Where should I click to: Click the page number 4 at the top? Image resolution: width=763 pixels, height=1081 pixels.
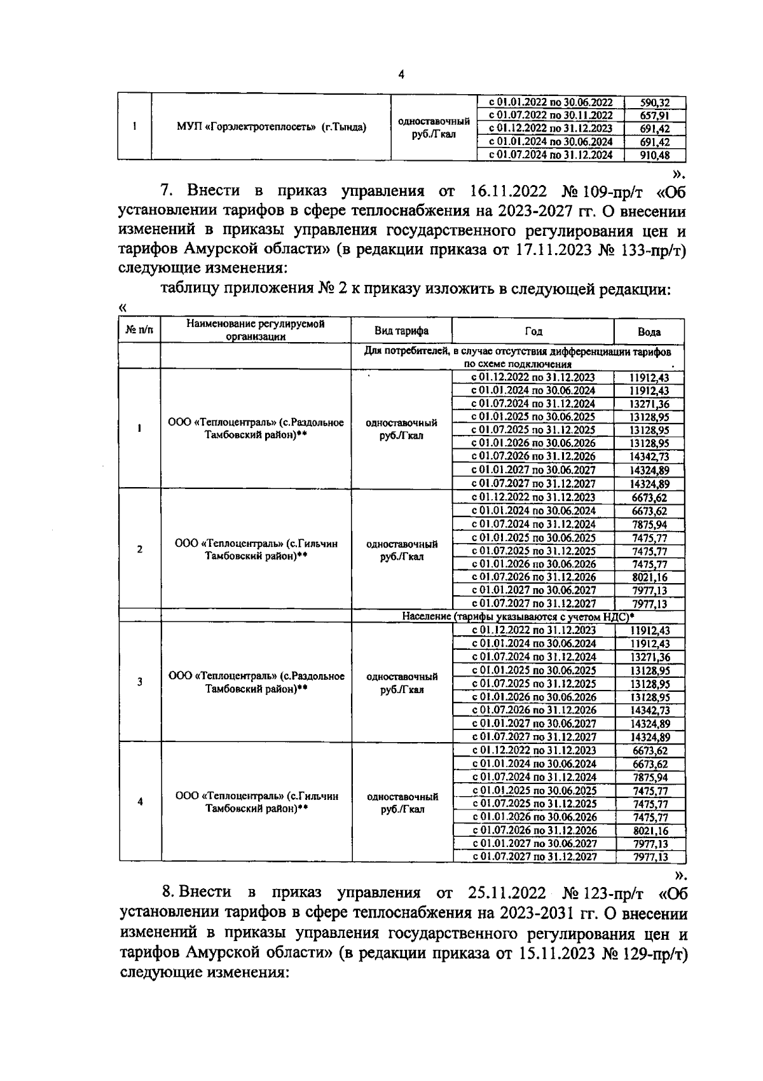[x=401, y=74]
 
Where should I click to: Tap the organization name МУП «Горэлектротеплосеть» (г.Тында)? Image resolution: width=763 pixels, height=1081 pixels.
[x=271, y=127]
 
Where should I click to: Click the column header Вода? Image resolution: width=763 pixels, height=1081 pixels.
[x=649, y=332]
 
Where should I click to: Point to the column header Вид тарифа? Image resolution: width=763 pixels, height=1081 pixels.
[x=401, y=331]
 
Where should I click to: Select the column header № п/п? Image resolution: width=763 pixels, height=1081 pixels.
[x=140, y=331]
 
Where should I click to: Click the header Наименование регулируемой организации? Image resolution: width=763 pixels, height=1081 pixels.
[x=256, y=331]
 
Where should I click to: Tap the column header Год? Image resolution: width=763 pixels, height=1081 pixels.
[x=533, y=331]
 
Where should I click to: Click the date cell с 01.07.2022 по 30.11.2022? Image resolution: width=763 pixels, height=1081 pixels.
[x=550, y=116]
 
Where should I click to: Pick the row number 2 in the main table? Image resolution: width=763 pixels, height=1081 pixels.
[x=140, y=549]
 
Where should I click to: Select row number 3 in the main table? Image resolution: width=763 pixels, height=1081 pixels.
[x=140, y=682]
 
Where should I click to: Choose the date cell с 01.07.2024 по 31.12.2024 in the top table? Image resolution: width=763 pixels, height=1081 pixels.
[x=550, y=155]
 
